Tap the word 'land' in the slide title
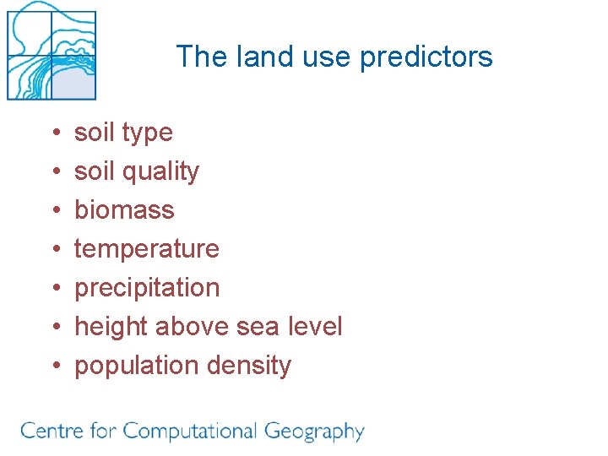tap(255, 57)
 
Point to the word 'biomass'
tap(124, 209)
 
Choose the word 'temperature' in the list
tap(147, 249)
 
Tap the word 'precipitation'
tap(147, 288)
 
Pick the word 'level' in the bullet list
tap(315, 327)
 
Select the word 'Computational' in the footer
tap(189, 432)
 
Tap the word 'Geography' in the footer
tap(313, 432)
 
